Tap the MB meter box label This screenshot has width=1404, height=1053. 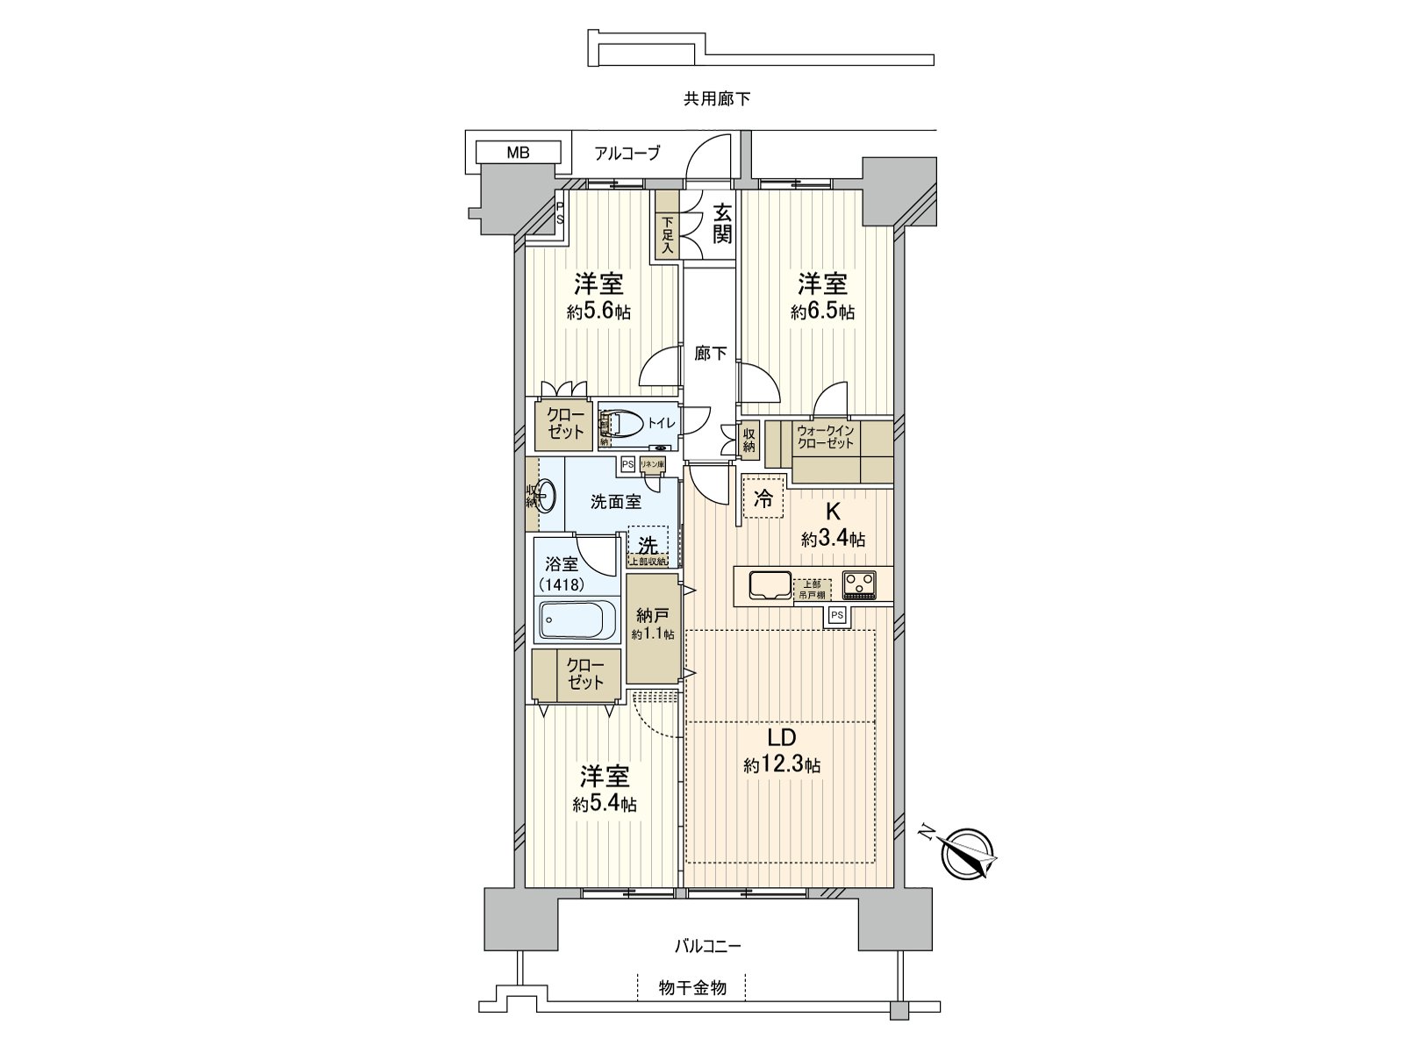point(518,153)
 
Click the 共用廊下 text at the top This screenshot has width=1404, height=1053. point(717,99)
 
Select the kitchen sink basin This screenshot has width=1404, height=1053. point(770,585)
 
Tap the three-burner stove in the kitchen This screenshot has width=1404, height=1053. point(859,584)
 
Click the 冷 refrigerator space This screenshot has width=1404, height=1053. point(763,499)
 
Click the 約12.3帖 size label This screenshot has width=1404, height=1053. point(782,765)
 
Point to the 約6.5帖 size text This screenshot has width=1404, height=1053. point(822,312)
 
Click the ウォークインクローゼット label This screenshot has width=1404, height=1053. point(825,437)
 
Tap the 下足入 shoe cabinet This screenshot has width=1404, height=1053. point(667,235)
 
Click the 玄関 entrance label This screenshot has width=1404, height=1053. point(721,225)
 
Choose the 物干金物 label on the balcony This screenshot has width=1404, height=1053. point(692,989)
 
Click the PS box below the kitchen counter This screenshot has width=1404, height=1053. point(837,616)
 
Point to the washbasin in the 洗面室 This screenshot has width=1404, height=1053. point(546,496)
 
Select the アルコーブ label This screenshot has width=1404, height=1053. point(627,153)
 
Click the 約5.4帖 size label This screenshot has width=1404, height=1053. point(605,804)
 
